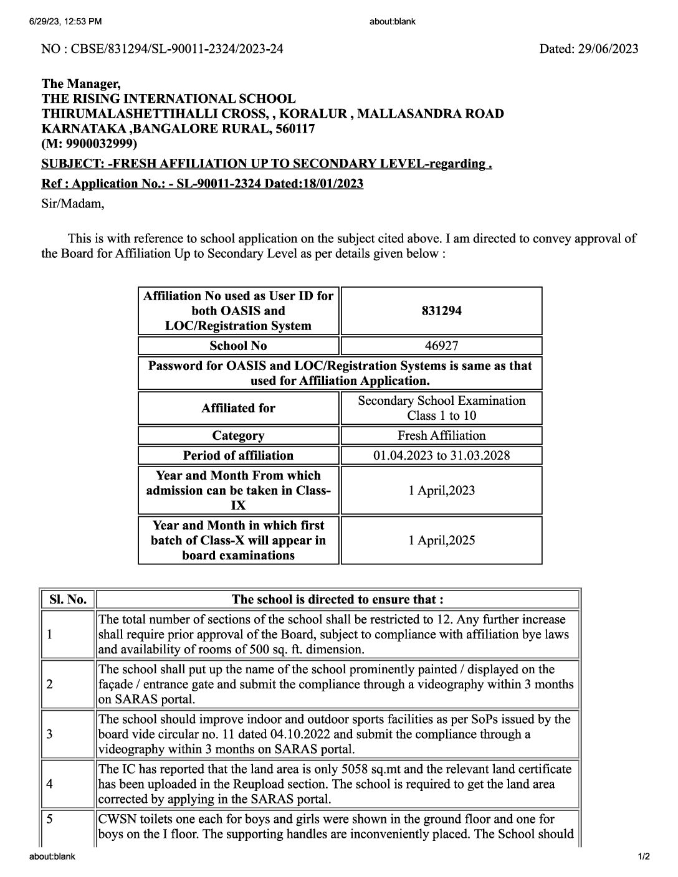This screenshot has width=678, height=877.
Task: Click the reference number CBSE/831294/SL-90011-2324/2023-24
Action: [x=180, y=49]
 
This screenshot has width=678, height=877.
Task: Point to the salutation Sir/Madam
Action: [x=72, y=204]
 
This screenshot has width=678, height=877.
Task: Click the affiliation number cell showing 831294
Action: [x=441, y=311]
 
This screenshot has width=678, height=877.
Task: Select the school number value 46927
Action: [x=441, y=346]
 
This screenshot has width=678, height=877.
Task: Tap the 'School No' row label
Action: [x=238, y=346]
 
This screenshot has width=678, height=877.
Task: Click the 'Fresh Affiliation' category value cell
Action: [x=441, y=435]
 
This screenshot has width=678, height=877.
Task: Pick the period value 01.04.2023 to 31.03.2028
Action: [x=441, y=455]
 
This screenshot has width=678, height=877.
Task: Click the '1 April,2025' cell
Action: [x=441, y=540]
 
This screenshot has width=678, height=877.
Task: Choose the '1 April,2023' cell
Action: [x=441, y=490]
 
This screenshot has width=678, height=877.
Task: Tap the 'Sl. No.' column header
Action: [x=67, y=600]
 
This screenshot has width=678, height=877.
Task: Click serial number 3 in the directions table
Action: [x=49, y=734]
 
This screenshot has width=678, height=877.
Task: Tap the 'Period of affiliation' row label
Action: [x=238, y=455]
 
